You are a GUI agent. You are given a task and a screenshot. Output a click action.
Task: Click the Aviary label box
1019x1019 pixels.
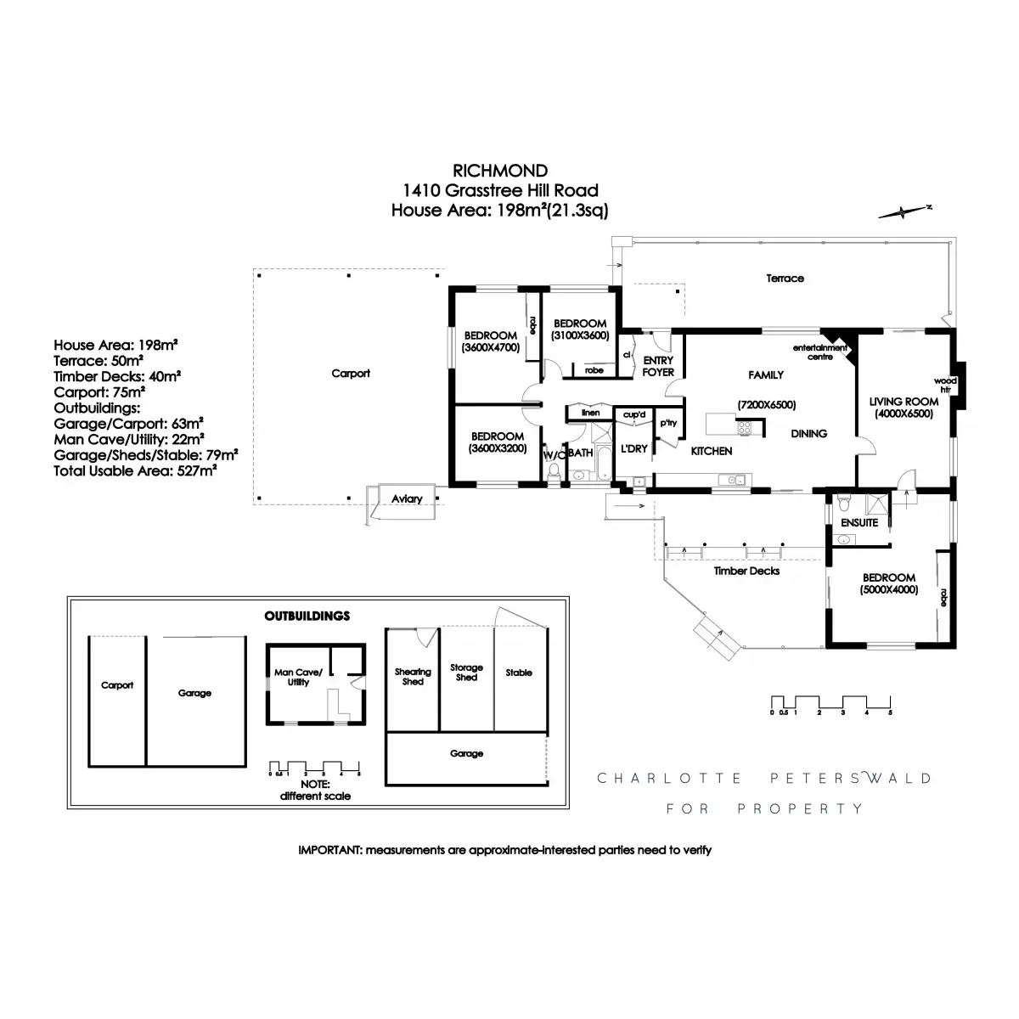(407, 498)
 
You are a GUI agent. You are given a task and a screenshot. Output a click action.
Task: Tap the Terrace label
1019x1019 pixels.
(785, 278)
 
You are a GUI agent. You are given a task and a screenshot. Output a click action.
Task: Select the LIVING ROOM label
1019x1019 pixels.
(904, 402)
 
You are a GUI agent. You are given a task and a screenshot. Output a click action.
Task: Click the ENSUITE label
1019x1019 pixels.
(859, 522)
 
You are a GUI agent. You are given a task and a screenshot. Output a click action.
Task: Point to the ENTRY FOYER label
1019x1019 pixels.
(658, 366)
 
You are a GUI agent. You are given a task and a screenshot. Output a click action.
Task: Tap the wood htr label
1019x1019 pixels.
(945, 385)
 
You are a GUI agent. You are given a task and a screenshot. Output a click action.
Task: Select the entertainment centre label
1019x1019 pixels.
(820, 352)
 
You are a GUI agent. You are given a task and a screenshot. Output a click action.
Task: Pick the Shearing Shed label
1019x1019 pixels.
(413, 676)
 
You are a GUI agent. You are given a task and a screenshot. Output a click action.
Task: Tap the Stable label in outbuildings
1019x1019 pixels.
(519, 673)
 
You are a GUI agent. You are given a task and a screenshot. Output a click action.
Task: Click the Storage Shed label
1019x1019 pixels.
(466, 673)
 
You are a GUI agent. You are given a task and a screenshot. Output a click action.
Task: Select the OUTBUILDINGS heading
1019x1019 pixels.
(307, 616)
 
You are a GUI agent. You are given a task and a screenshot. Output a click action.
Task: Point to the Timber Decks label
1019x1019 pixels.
(746, 571)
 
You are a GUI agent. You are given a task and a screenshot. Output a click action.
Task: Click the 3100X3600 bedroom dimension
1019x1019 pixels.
(580, 335)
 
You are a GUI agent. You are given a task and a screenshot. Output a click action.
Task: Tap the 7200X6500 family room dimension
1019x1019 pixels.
(766, 405)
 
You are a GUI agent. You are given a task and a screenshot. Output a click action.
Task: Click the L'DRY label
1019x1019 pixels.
(634, 448)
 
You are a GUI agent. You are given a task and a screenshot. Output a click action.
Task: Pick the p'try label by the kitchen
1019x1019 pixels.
(667, 423)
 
